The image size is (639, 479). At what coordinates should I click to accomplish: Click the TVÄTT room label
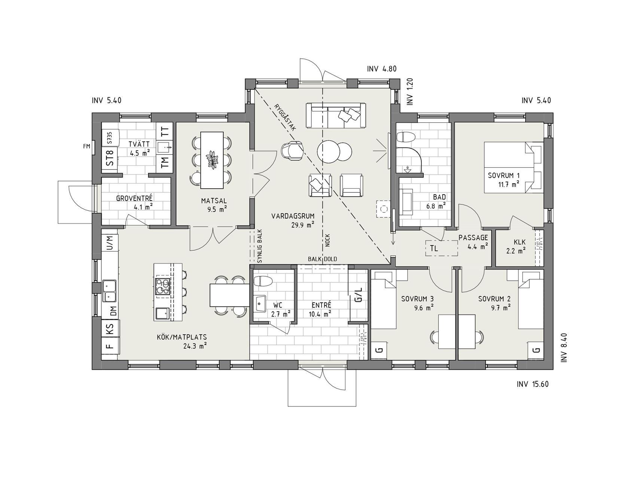tap(139, 144)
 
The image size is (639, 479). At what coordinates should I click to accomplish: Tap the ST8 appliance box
tap(110, 158)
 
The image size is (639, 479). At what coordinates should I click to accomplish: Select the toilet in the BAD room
tap(406, 137)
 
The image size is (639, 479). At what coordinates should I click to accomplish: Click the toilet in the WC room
tap(262, 281)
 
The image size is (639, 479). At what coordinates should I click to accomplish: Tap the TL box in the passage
tap(442, 248)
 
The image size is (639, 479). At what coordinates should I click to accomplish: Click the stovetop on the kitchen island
tap(162, 287)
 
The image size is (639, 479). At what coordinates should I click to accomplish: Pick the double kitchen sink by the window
tap(110, 291)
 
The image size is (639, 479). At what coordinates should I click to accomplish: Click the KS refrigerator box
tap(110, 330)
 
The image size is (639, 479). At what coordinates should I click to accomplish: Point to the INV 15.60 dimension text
tap(533, 384)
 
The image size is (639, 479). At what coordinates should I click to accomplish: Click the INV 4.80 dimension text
tap(382, 69)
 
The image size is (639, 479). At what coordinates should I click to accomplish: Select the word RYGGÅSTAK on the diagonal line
tap(285, 116)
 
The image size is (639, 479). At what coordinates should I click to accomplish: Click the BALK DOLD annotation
tap(322, 259)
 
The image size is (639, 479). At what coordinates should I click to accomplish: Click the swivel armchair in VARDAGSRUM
tap(293, 150)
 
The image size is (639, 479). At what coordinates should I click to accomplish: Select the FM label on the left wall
tap(87, 146)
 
